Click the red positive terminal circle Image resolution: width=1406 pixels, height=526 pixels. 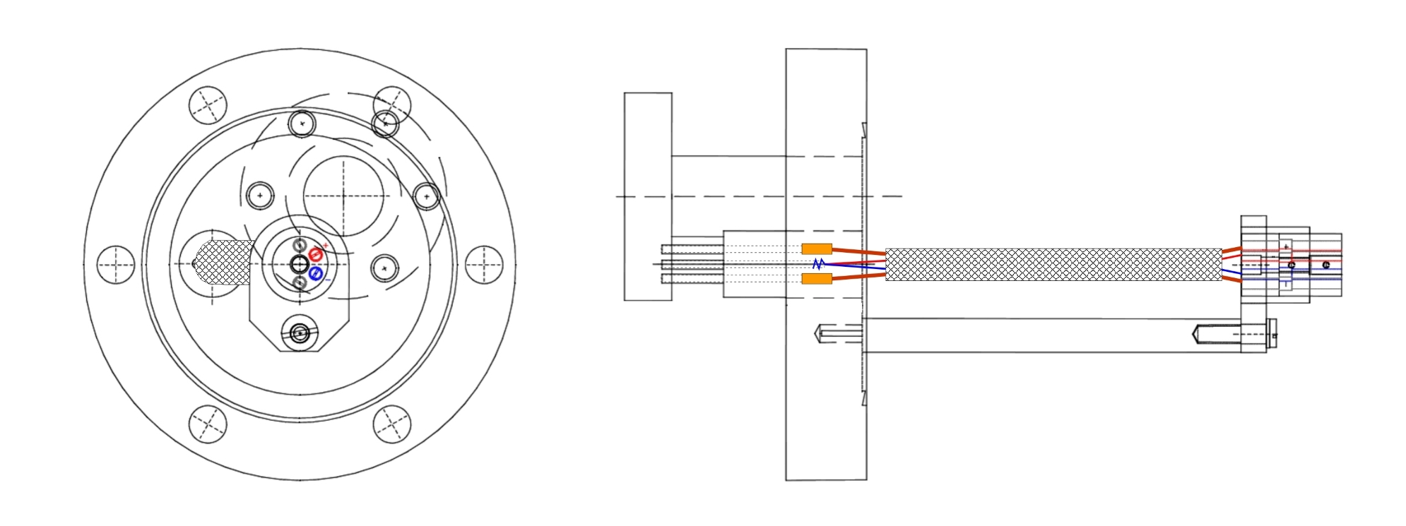click(x=315, y=254)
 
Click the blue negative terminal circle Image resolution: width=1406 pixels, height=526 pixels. click(x=316, y=273)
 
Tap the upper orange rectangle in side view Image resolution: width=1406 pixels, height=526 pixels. click(x=817, y=249)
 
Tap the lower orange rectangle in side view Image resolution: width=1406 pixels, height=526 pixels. click(x=817, y=279)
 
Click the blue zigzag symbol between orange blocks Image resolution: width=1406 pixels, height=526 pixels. click(x=818, y=264)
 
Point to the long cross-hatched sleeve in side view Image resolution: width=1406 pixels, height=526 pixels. click(x=1053, y=264)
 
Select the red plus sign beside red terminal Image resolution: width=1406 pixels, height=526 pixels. click(x=326, y=245)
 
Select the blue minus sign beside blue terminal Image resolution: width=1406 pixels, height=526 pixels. click(x=327, y=280)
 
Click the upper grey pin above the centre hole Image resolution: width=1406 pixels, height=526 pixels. click(x=299, y=246)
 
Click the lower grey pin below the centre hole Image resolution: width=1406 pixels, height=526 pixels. click(x=299, y=282)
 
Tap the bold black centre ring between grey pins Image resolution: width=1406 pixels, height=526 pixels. click(x=299, y=265)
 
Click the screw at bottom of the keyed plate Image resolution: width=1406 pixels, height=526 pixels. click(x=300, y=332)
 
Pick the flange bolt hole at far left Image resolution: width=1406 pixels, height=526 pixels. click(x=115, y=265)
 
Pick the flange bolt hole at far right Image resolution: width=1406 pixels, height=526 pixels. click(x=484, y=265)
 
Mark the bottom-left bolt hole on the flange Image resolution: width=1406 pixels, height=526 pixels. click(x=208, y=424)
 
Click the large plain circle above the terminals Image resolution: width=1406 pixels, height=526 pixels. click(x=343, y=196)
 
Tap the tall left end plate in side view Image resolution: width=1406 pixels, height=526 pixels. click(x=647, y=196)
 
